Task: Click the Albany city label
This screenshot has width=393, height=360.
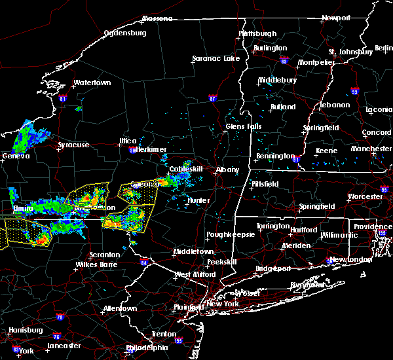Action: tap(228, 170)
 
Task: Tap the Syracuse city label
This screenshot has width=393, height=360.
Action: tap(73, 145)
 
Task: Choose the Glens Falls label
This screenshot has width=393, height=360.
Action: tap(244, 126)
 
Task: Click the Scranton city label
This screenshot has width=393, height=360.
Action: tap(105, 255)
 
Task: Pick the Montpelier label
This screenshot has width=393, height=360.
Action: tap(316, 62)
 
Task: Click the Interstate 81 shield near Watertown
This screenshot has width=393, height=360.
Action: tap(63, 99)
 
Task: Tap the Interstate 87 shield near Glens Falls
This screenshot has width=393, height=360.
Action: tap(212, 99)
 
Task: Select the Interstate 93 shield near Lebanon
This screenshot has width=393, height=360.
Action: tap(354, 92)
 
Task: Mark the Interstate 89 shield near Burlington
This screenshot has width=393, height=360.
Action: tap(284, 58)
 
